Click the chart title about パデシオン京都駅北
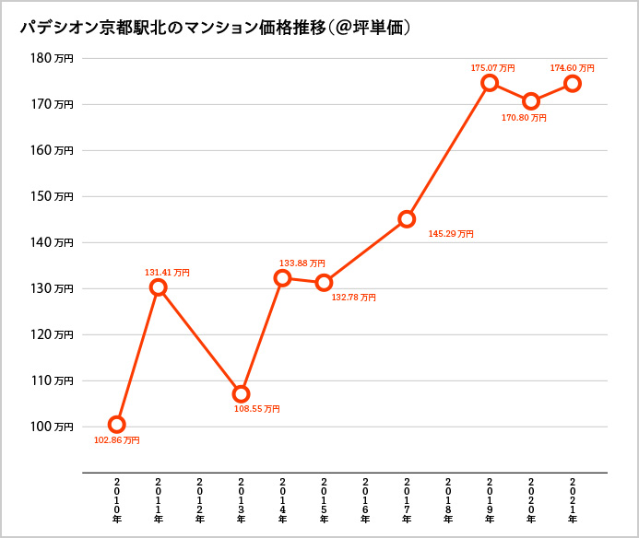click(215, 29)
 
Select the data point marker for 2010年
click(117, 425)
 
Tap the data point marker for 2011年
click(159, 287)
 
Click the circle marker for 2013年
click(241, 394)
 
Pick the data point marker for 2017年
click(407, 219)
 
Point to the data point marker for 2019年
click(490, 83)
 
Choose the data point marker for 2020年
click(531, 101)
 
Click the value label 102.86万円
click(117, 441)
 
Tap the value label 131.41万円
click(167, 273)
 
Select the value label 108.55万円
click(257, 409)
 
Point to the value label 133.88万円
click(302, 263)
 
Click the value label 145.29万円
click(451, 235)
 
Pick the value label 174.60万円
click(572, 68)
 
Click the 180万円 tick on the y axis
click(52, 58)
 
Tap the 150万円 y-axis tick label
click(52, 196)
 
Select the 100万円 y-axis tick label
click(52, 427)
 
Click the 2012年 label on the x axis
click(200, 500)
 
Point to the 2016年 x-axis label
click(365, 500)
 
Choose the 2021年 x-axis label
click(573, 500)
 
